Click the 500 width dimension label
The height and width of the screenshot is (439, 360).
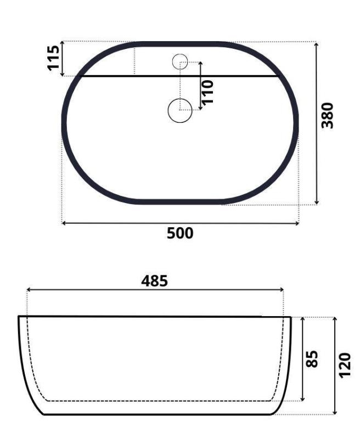180,233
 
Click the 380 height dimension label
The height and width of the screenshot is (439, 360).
328,115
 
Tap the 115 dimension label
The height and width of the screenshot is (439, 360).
54,58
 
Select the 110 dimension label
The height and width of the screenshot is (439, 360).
207,92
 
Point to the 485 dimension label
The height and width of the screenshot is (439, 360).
155,281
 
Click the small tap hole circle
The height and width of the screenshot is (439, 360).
180,61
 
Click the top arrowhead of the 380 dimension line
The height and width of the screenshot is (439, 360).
317,44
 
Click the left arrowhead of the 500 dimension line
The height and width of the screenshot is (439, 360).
64,223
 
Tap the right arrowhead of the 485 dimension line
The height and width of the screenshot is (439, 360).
282,290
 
